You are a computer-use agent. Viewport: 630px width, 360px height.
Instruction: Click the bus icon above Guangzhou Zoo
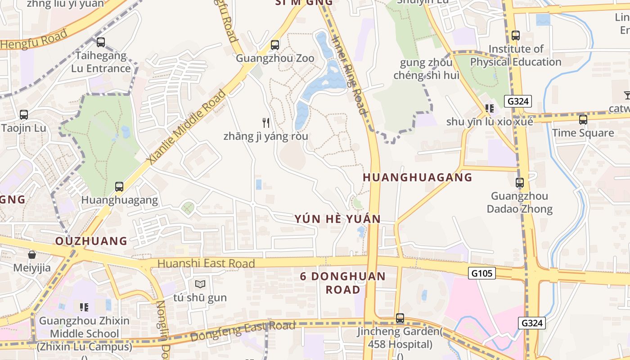[x=274, y=45]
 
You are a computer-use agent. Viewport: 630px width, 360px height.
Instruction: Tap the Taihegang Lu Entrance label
[x=101, y=62]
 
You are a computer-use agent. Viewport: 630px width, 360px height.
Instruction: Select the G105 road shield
[x=481, y=273]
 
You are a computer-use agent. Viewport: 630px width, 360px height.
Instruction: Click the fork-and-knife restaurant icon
[x=266, y=122]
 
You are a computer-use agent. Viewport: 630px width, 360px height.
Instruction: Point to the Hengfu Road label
[x=34, y=39]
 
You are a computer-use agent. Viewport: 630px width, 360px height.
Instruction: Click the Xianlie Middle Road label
[x=186, y=127]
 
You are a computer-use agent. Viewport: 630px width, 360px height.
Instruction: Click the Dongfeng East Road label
[x=243, y=330]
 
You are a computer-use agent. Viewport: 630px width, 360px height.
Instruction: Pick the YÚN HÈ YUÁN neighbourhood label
[x=337, y=219]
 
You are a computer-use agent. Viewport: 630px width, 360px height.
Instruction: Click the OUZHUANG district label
[x=91, y=241]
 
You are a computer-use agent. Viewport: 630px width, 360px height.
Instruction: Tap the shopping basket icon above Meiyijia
[x=32, y=255]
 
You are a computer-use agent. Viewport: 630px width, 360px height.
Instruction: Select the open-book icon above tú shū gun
[x=200, y=284]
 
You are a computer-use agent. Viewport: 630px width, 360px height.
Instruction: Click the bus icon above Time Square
[x=583, y=120]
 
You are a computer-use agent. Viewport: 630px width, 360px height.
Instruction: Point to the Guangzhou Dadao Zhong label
[x=519, y=202]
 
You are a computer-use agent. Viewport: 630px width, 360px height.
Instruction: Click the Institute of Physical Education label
[x=516, y=55]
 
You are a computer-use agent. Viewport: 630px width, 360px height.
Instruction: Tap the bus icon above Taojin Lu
[x=24, y=115]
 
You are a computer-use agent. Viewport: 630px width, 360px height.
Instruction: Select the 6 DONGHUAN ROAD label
[x=343, y=283]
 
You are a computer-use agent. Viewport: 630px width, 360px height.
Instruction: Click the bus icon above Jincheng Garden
[x=400, y=318]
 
